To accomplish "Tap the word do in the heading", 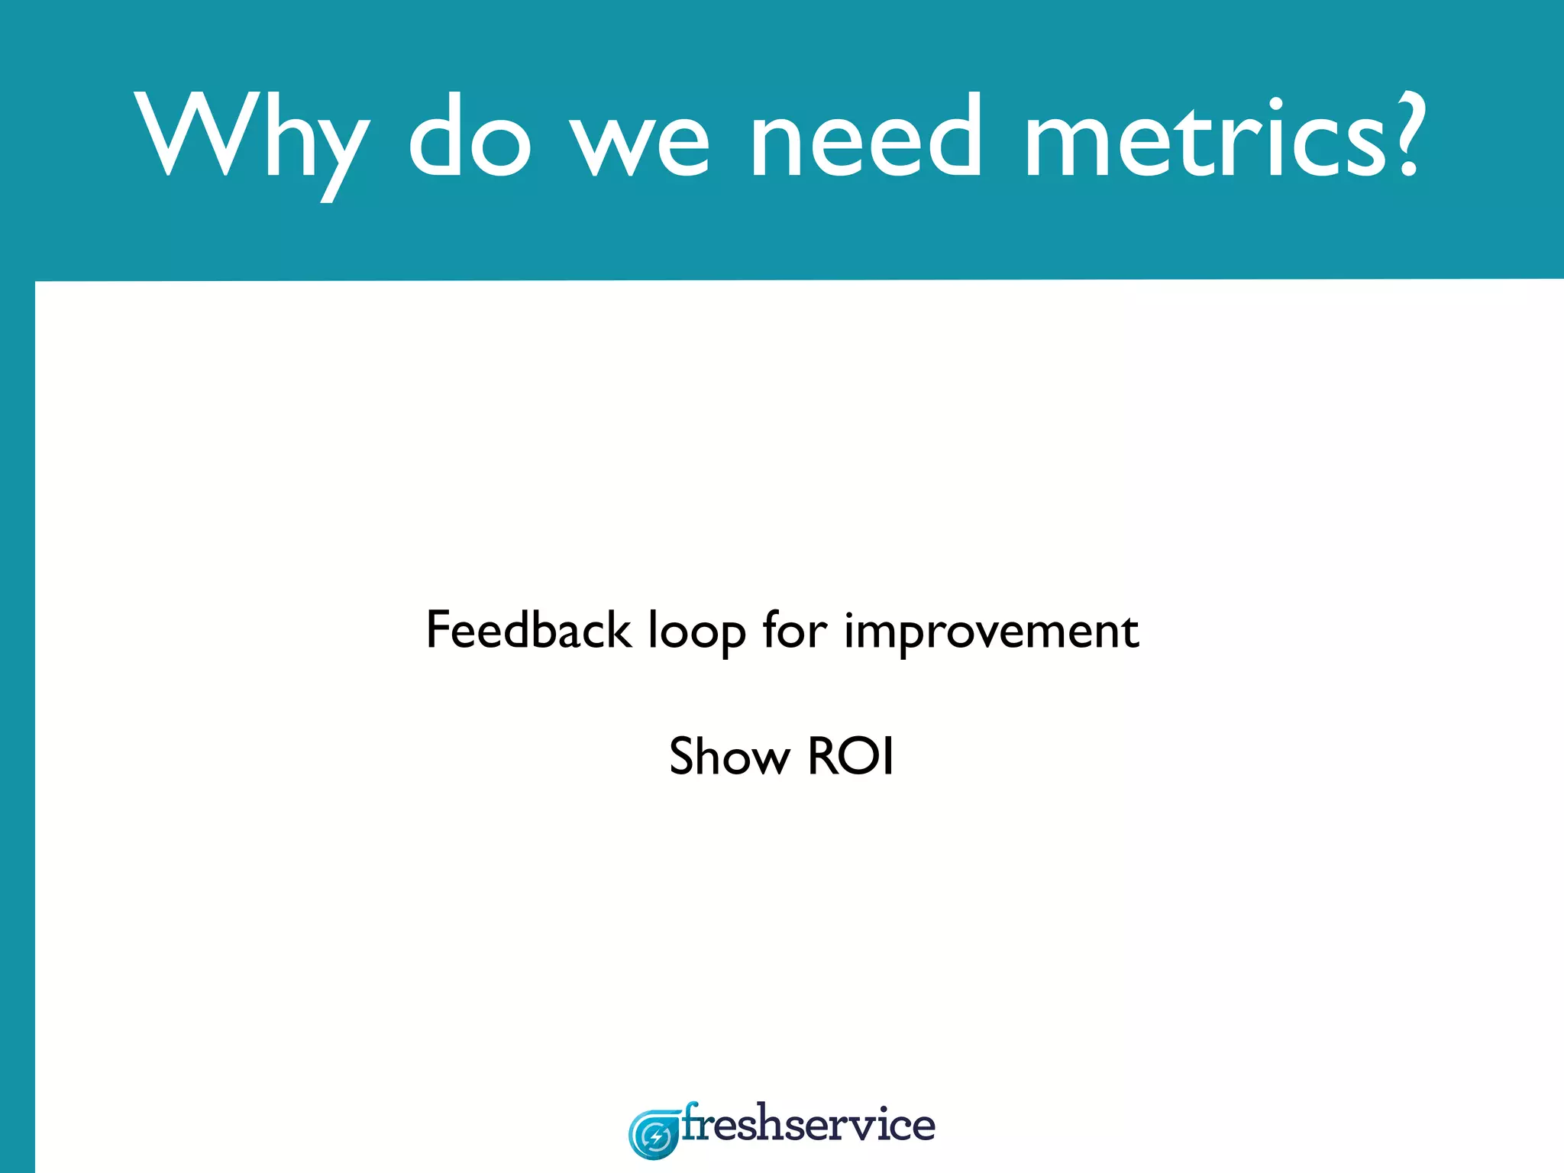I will (469, 137).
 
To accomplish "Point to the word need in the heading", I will (865, 137).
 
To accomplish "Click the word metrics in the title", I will (1204, 137).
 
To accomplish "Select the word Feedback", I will (528, 630).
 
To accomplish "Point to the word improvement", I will (991, 632).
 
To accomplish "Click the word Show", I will (729, 756).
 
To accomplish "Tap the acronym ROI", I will (850, 756).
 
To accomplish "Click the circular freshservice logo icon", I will (654, 1135).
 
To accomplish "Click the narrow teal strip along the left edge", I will (17, 725).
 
